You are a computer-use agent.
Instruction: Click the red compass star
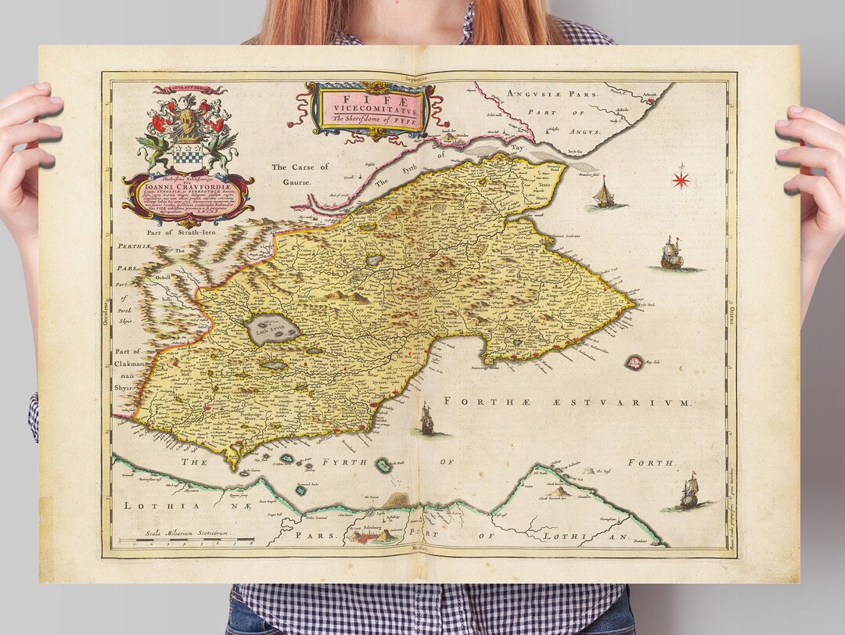click(x=681, y=180)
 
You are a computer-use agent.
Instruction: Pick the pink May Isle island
click(x=634, y=362)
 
